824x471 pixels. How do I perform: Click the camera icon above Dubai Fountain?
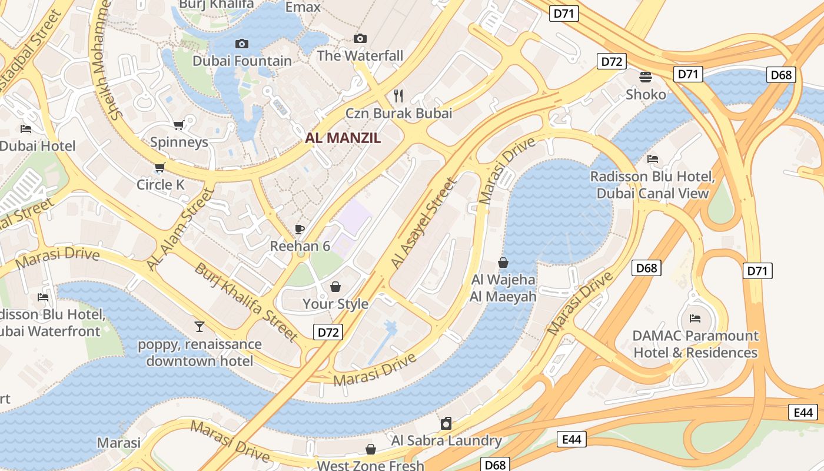[241, 44]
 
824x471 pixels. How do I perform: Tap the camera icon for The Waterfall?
[360, 39]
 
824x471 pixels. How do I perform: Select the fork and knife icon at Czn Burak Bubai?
[398, 96]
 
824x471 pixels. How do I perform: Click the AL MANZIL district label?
[343, 138]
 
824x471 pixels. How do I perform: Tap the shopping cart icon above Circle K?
[160, 168]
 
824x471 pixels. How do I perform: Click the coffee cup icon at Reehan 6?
[300, 229]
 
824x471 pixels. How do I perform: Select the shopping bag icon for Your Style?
[335, 287]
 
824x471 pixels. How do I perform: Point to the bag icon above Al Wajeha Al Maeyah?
[503, 263]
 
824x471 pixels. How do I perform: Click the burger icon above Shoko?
[646, 77]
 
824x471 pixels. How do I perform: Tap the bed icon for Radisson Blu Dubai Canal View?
[652, 159]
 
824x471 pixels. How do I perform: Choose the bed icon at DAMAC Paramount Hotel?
[695, 319]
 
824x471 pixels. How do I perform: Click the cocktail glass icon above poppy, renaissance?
[200, 327]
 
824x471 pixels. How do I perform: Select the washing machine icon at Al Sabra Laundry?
[446, 423]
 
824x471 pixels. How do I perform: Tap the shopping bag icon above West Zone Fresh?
[370, 450]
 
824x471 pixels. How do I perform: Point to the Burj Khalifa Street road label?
[246, 302]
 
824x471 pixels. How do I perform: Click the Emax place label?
[303, 7]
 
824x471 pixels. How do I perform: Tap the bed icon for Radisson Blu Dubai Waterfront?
[43, 297]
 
